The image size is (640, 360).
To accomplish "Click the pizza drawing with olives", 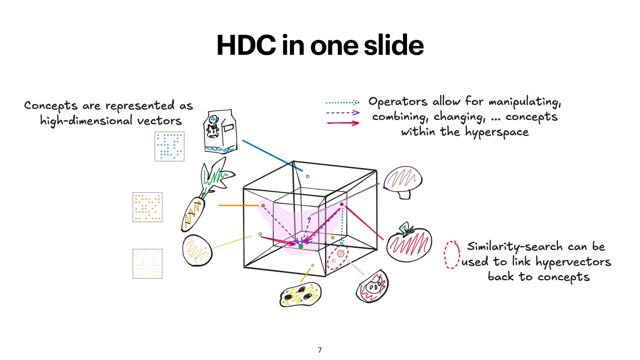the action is (300, 294).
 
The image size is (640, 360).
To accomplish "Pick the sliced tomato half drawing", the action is (372, 286).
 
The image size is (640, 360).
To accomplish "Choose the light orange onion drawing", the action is (197, 250).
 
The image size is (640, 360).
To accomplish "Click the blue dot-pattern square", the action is (169, 146).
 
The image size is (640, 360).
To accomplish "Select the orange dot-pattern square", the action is (147, 207).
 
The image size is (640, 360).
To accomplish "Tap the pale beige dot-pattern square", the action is (147, 264).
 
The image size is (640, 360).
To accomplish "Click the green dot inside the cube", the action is (301, 246).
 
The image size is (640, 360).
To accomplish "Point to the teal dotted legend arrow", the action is (342, 102).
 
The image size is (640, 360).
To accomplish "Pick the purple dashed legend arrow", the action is (343, 113).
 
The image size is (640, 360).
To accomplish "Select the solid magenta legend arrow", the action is (343, 123).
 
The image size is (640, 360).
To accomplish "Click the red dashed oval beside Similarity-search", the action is (452, 255).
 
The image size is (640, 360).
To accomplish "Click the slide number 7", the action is (320, 350).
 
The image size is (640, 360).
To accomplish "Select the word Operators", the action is (397, 101).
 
